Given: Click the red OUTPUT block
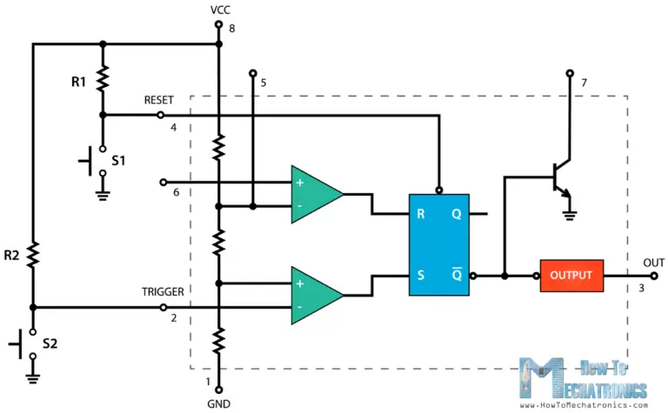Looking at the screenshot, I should click(571, 276).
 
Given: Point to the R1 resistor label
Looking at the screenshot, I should click(79, 83).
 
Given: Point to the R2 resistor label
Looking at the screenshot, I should click(13, 256).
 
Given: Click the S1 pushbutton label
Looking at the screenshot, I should click(119, 162).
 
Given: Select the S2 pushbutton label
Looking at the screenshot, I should click(50, 344).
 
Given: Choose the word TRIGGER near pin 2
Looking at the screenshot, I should click(164, 292).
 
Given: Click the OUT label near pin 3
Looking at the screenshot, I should click(654, 262).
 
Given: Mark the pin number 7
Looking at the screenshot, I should click(584, 83).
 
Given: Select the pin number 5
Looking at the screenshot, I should click(264, 83).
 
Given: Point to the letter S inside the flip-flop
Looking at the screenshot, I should click(421, 276).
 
